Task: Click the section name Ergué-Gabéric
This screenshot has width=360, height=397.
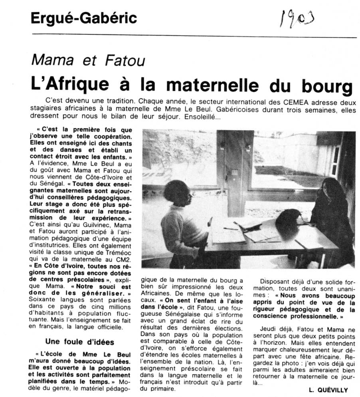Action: [x=84, y=18]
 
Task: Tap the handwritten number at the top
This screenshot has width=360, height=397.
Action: [x=297, y=19]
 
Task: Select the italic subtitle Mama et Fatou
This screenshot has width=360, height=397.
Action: [x=88, y=60]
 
